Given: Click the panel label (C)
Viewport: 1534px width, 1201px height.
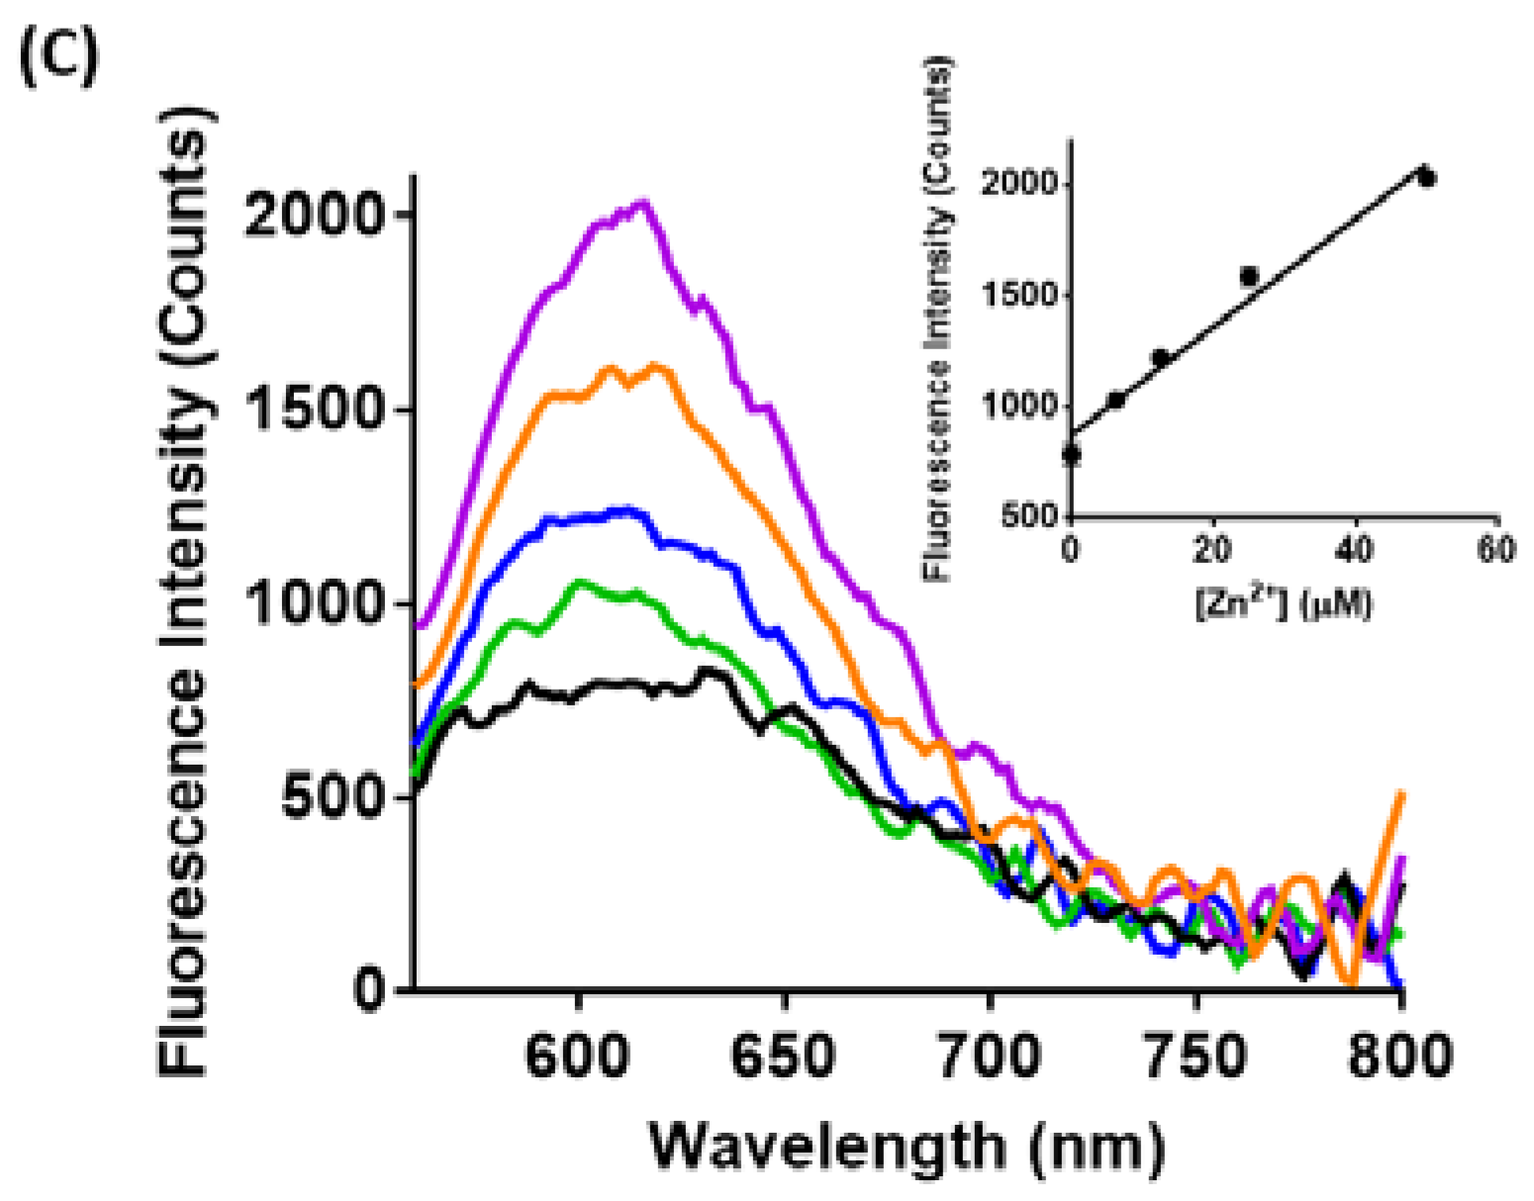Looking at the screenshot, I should [59, 58].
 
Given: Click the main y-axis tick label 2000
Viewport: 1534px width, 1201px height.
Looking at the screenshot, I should [314, 215].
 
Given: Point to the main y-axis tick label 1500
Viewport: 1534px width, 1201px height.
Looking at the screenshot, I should [314, 409].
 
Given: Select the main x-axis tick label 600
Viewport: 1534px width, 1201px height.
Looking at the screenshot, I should [577, 1056].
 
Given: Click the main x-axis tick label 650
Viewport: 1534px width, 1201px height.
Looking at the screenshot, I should [783, 1056].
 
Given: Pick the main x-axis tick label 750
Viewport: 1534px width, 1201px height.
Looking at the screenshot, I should [1196, 1056].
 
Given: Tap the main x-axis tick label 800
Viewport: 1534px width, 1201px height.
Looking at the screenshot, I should [1399, 1056].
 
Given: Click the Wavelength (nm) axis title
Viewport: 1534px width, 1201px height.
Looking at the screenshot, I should [907, 1148].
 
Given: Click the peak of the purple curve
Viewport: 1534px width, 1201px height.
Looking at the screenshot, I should [642, 205].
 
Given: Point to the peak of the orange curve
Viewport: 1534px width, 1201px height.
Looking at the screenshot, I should [656, 367].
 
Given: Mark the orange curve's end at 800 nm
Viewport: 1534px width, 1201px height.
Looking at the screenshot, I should [1401, 794].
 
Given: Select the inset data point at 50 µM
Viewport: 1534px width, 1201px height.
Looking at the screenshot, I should [1426, 177].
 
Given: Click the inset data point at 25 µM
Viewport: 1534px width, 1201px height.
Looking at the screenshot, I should [1249, 276].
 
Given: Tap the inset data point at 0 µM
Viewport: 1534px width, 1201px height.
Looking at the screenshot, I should [1071, 455].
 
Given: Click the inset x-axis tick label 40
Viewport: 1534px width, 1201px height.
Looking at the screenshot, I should [1355, 549].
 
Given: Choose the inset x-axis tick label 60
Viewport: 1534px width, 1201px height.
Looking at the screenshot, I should [1495, 549].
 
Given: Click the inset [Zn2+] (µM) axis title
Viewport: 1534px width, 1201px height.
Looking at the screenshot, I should [1284, 601].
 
